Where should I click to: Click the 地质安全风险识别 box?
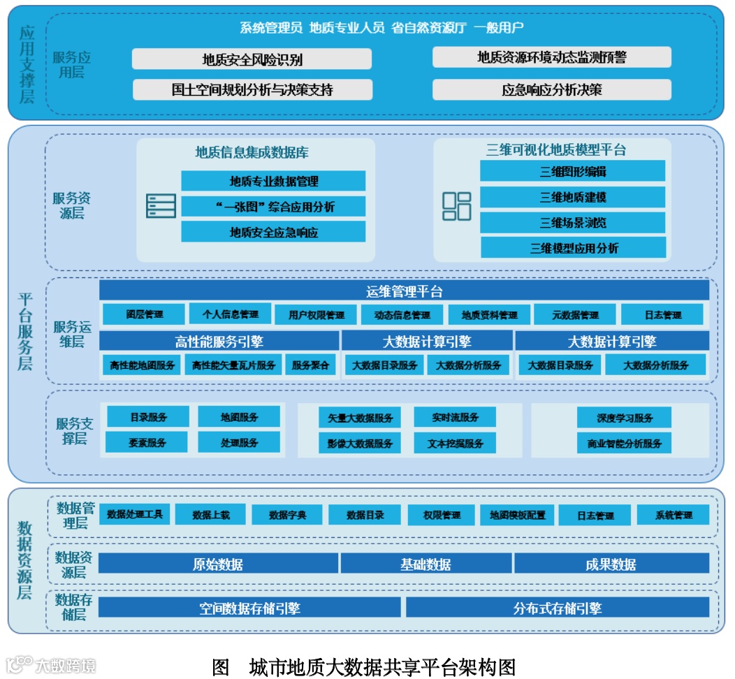pyautogui.click(x=252, y=59)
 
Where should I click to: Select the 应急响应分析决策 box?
pyautogui.click(x=551, y=89)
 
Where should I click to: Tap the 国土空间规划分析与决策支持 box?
pyautogui.click(x=252, y=89)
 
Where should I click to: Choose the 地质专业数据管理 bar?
pyautogui.click(x=273, y=181)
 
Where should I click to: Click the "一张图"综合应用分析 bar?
pyautogui.click(x=273, y=206)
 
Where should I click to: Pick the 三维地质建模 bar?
pyautogui.click(x=572, y=197)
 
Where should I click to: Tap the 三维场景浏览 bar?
pyautogui.click(x=572, y=222)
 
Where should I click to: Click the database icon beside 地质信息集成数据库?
pyautogui.click(x=161, y=206)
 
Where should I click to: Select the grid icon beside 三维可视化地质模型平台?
pyautogui.click(x=457, y=206)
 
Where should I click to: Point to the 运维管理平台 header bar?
pyautogui.click(x=404, y=291)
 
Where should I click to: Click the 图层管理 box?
pyautogui.click(x=144, y=314)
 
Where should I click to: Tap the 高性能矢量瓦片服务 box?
pyautogui.click(x=233, y=365)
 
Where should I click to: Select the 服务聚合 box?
pyautogui.click(x=310, y=365)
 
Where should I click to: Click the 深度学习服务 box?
pyautogui.click(x=624, y=418)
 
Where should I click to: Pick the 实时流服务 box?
pyautogui.click(x=455, y=418)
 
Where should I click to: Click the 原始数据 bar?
pyautogui.click(x=218, y=564)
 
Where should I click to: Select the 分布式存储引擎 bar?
pyautogui.click(x=557, y=608)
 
